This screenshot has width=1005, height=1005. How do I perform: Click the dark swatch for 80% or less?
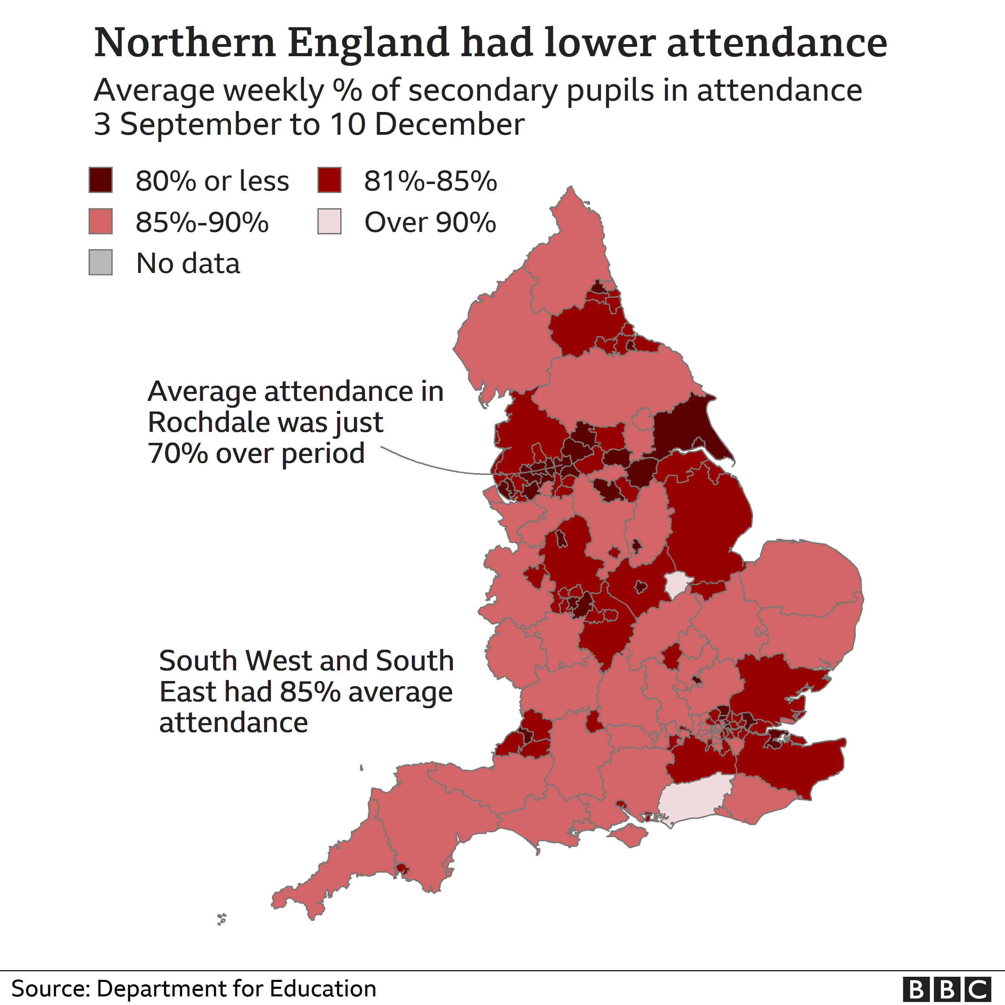tap(100, 180)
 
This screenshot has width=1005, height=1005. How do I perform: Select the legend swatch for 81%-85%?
tap(329, 180)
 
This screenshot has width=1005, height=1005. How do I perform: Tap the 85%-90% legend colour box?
tap(100, 221)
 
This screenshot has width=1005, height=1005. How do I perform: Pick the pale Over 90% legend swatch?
tap(329, 221)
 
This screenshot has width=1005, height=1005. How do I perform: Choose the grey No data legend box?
tap(100, 262)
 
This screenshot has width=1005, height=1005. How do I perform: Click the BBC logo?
tap(947, 988)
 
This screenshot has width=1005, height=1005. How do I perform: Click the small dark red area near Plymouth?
tap(402, 868)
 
